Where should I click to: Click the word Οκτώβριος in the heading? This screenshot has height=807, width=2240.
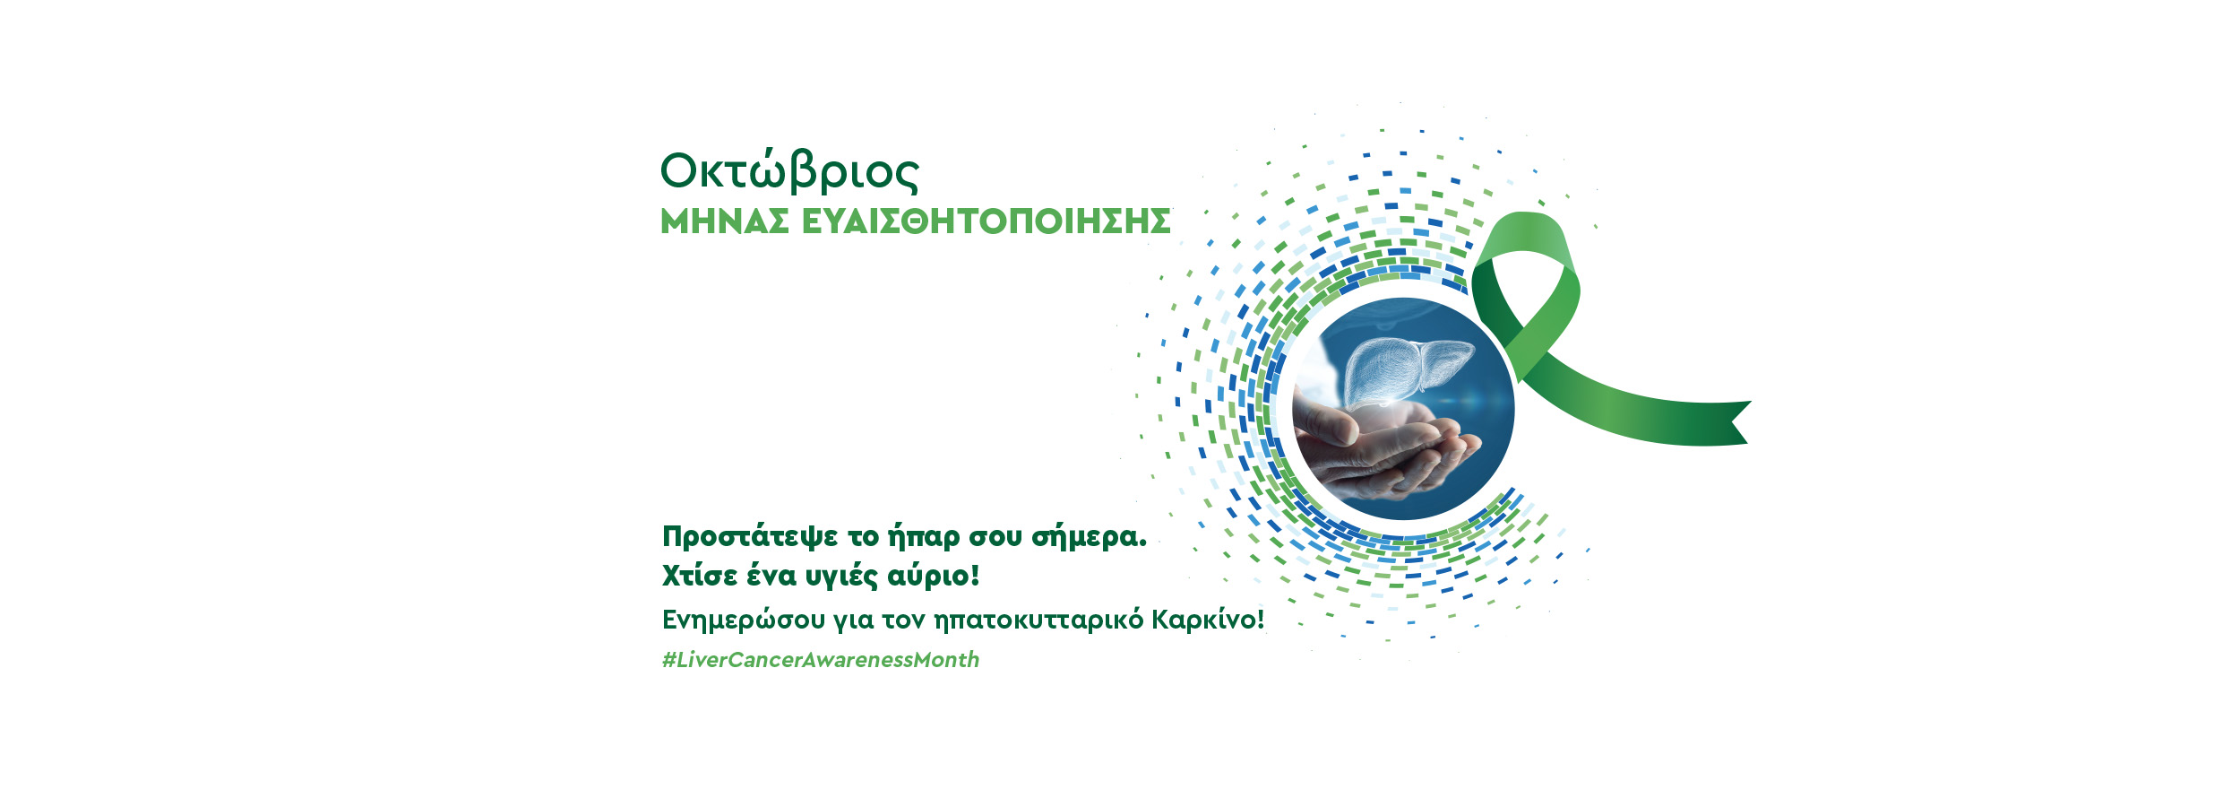[x=789, y=171]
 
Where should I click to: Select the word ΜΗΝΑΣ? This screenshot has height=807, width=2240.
[x=725, y=221]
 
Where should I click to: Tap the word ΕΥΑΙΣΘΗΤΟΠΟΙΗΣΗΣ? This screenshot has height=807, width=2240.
[x=986, y=221]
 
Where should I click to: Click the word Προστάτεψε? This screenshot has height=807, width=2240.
[x=750, y=537]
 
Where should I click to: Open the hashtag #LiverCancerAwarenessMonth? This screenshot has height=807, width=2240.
[x=821, y=660]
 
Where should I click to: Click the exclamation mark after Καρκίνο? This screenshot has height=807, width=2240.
[x=1261, y=619]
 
